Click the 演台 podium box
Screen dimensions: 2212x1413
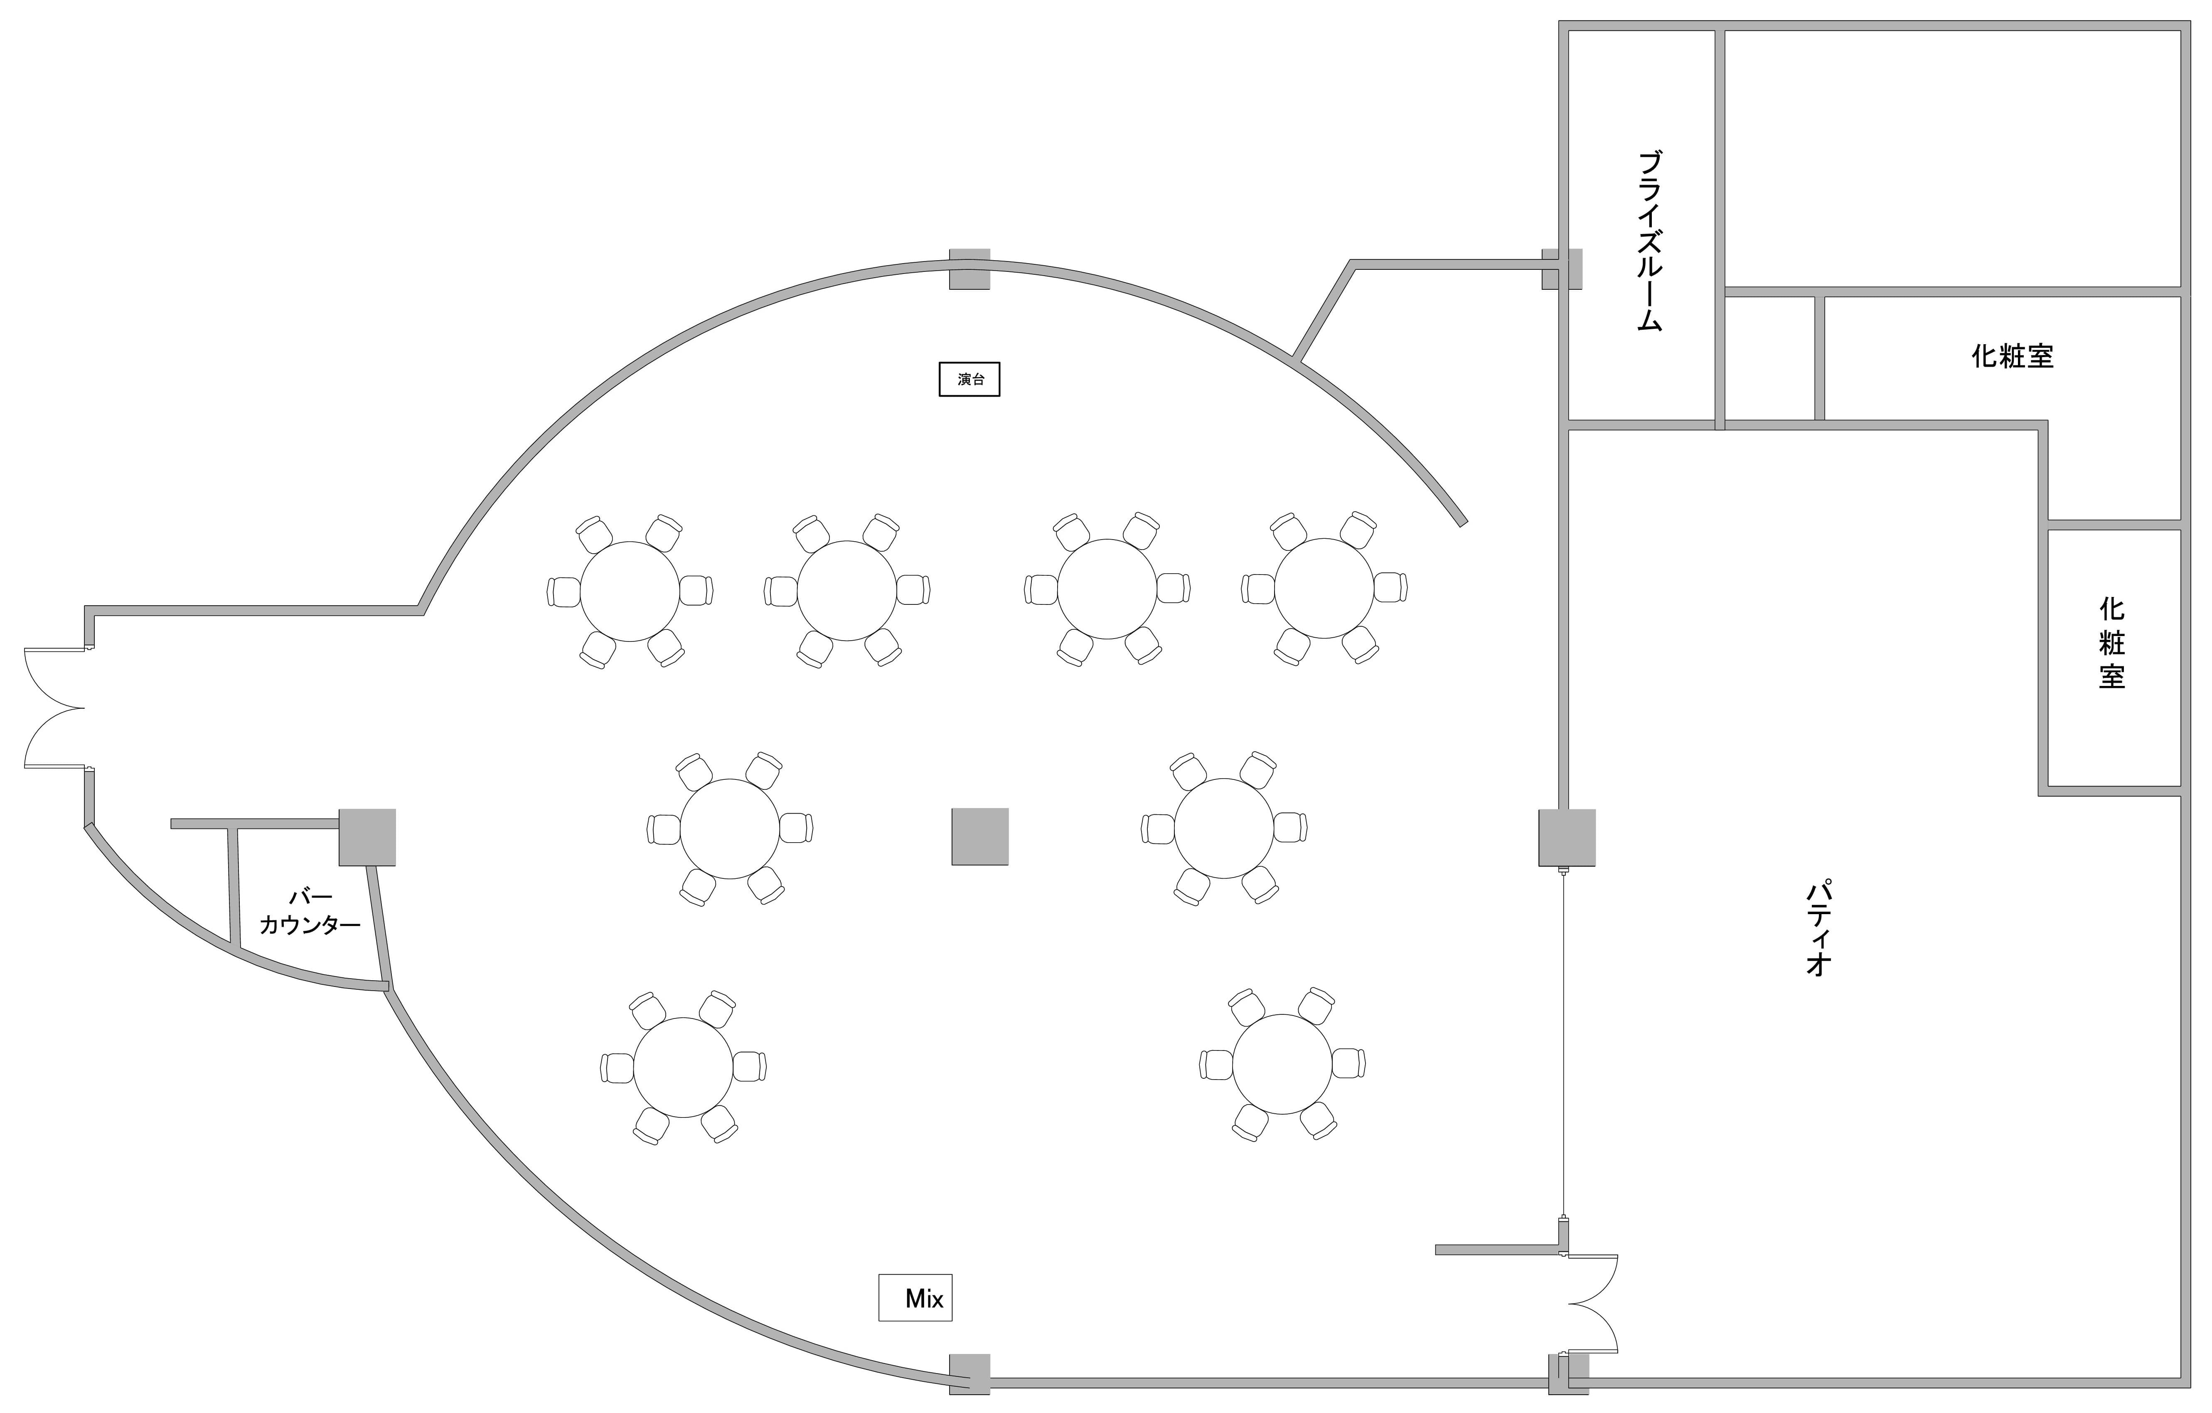point(969,380)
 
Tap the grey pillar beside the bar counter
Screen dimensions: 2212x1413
point(367,837)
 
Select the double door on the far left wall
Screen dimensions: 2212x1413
point(53,708)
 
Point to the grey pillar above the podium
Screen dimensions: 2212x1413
point(969,269)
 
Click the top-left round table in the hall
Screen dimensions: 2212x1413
point(630,591)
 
